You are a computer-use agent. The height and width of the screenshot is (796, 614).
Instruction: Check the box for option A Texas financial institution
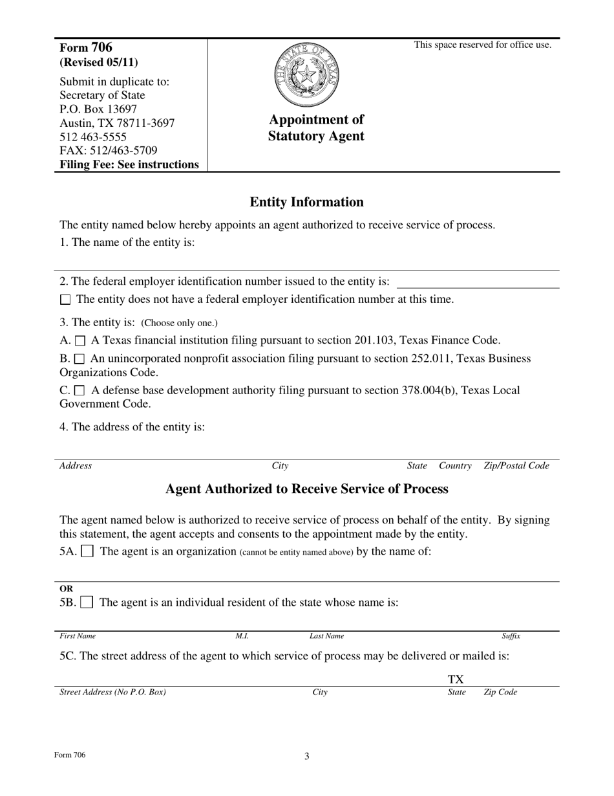pos(80,340)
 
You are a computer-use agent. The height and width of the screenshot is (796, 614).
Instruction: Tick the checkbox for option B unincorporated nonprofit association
pos(80,359)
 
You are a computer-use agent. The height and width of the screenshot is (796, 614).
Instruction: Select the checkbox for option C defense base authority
pos(80,391)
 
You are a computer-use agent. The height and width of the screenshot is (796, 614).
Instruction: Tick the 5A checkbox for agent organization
pos(87,552)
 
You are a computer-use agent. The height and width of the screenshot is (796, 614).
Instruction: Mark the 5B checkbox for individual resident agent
pos(87,603)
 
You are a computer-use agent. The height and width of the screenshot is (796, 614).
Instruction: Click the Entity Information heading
pos(306,202)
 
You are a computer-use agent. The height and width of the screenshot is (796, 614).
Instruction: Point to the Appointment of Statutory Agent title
pos(316,127)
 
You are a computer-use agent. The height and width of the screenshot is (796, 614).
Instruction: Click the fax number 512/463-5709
pos(109,151)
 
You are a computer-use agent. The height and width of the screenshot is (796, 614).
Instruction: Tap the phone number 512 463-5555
pos(93,137)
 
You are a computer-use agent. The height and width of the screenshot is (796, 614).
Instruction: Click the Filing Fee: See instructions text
pos(129,164)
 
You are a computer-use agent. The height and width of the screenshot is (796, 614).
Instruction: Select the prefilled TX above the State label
pos(456,679)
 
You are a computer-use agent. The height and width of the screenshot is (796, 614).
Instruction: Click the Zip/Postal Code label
pos(516,466)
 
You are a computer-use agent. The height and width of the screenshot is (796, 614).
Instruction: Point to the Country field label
pos(455,466)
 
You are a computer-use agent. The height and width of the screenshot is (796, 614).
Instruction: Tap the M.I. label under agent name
pos(242,636)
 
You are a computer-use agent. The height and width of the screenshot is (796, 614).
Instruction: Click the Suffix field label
pos(511,636)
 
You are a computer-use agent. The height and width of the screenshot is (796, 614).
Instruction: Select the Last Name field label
pos(326,636)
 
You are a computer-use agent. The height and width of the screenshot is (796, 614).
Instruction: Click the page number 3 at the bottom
pos(307,756)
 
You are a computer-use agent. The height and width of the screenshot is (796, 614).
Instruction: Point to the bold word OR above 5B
pos(66,589)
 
